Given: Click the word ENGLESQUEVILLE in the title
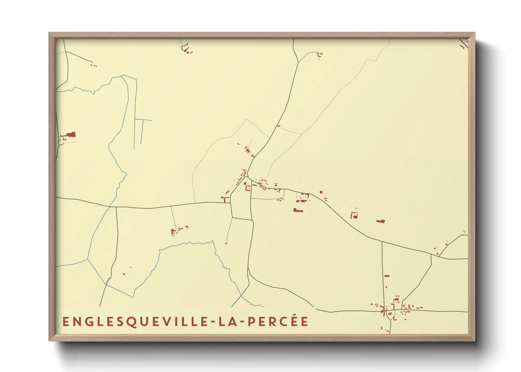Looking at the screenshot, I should coord(137,322).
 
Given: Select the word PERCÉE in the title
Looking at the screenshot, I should coord(278,321).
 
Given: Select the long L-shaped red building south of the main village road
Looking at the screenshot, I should coord(298,210).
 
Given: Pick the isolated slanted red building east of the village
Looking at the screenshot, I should coord(381,221).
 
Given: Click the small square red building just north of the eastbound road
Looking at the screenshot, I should coord(321,192).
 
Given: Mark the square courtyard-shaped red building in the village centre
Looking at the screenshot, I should coord(247,188).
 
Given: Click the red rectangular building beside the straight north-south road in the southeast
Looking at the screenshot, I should coord(387,276).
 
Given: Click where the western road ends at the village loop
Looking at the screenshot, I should coord(231,203).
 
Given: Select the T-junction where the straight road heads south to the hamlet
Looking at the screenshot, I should coord(382,241).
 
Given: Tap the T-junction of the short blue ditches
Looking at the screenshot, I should coord(143,120).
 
